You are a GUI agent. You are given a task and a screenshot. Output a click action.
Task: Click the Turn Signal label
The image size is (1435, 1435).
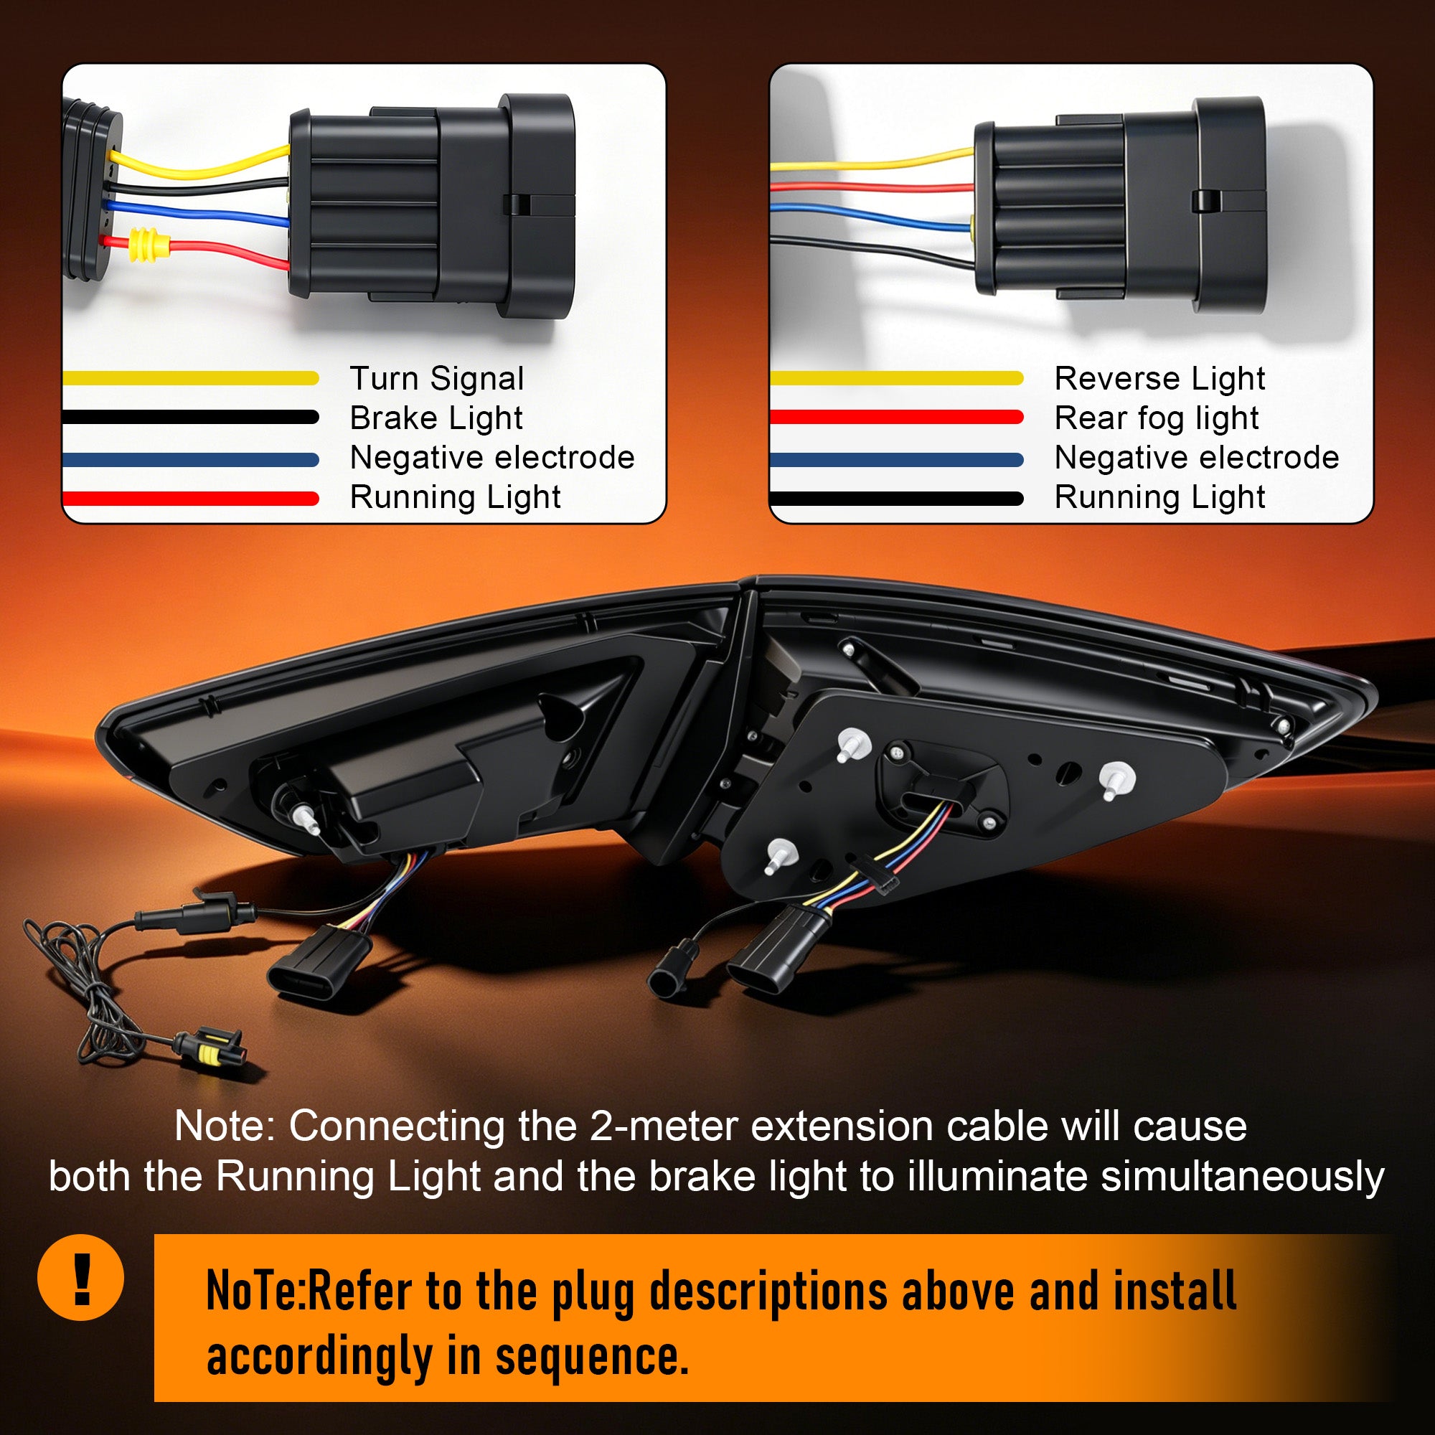click(437, 379)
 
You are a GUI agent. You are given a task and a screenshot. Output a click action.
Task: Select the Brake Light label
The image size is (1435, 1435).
click(436, 418)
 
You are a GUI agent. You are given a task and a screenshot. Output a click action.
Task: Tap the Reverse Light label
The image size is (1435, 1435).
click(1159, 379)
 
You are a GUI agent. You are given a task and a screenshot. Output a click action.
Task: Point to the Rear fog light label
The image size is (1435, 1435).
click(1157, 418)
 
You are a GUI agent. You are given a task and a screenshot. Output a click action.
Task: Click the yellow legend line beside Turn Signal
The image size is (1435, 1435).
click(192, 378)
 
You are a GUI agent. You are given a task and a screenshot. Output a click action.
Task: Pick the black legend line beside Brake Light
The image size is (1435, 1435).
click(192, 417)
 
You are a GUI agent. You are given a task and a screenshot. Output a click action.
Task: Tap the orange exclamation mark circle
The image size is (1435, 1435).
click(81, 1278)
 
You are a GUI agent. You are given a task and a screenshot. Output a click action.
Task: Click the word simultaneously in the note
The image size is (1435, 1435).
click(1242, 1177)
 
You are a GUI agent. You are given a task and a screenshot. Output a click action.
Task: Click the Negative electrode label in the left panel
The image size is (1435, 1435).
click(491, 458)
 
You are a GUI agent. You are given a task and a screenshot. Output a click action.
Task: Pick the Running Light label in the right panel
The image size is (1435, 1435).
click(1159, 497)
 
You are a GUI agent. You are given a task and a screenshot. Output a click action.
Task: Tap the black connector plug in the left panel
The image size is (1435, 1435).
click(431, 206)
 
